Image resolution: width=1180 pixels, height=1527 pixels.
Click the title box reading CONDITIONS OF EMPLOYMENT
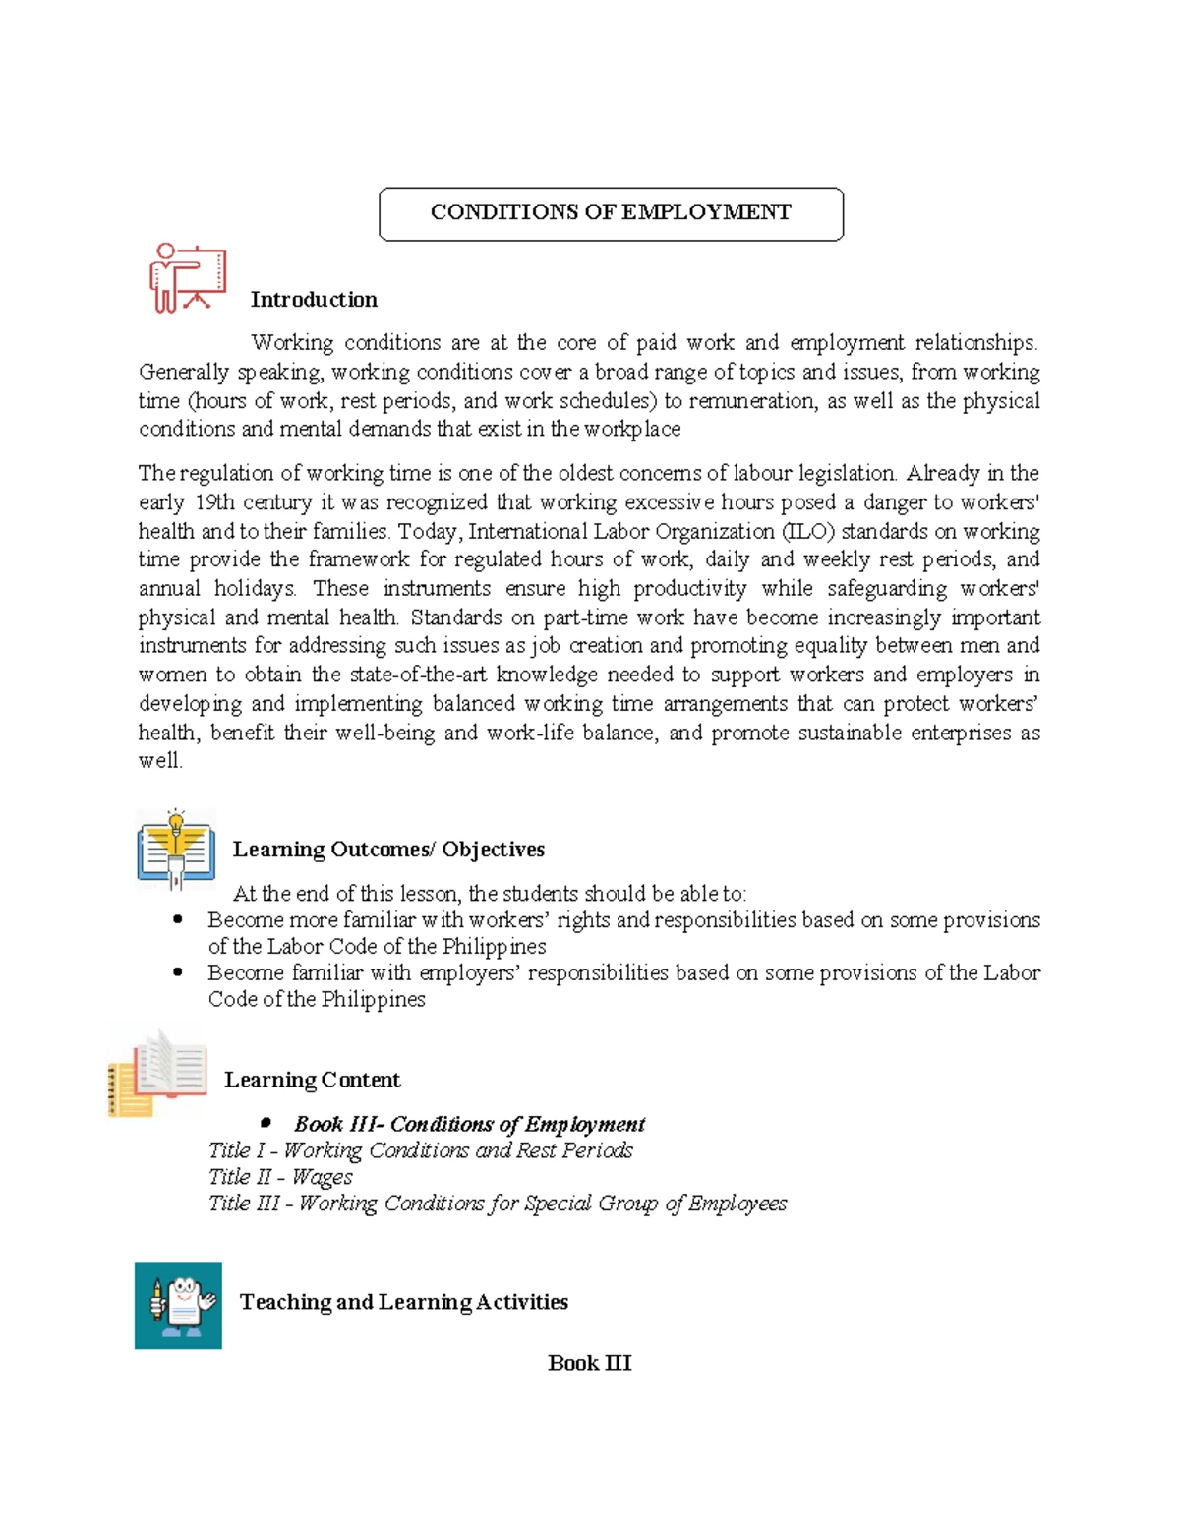pos(611,213)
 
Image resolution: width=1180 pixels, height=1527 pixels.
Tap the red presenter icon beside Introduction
pos(187,278)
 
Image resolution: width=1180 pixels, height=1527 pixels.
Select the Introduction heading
pos(314,300)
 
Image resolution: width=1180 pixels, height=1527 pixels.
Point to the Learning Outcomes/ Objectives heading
pos(388,850)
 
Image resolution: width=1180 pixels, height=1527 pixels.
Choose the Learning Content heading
pos(312,1080)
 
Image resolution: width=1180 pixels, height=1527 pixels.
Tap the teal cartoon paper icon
pos(178,1305)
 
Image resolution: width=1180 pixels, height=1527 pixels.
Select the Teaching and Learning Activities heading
pos(403,1302)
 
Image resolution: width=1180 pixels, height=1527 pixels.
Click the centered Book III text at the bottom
pos(589,1363)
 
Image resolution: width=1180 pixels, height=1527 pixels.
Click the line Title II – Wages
pos(280,1177)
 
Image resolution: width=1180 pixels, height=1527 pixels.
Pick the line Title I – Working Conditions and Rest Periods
pos(420,1150)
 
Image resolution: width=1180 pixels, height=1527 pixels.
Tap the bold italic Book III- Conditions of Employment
pos(469,1124)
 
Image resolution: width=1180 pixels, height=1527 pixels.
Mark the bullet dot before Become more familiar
pos(178,920)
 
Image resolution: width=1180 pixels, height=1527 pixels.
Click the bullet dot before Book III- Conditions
pos(265,1123)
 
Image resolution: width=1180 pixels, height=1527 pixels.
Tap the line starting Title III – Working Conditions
pos(497,1204)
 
